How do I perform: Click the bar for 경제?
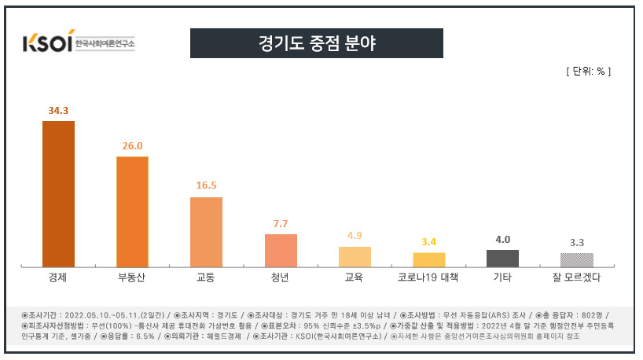59,194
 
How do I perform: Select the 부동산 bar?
133,211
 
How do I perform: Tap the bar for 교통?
206,232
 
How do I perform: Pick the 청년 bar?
281,251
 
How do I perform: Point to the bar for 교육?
355,257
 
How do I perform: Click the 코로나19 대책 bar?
429,260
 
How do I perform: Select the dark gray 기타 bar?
503,259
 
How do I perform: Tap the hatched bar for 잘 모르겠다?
577,260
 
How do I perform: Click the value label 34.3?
58,111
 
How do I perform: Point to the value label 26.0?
133,146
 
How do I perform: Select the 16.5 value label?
206,186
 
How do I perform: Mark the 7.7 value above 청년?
281,224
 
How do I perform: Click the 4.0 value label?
503,240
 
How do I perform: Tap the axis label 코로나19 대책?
428,277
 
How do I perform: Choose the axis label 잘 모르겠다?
576,277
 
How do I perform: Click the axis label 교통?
205,277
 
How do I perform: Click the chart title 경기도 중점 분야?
317,43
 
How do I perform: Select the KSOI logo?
79,41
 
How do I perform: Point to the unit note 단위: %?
589,72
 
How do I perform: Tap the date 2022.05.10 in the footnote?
86,315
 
